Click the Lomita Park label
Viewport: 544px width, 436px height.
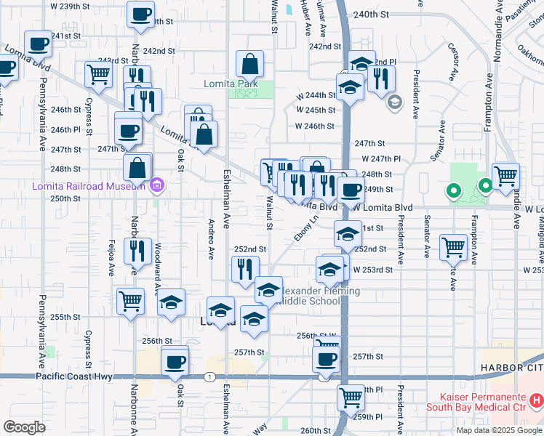[231, 84]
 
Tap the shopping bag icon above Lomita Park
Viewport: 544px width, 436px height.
[249, 65]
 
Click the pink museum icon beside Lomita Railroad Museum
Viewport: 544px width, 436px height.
[155, 186]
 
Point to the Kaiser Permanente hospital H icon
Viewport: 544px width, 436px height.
[536, 400]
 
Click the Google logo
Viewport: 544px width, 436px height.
[24, 427]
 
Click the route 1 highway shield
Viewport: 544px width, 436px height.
[209, 376]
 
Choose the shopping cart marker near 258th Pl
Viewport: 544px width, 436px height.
[351, 397]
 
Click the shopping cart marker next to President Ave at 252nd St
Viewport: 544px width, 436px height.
[453, 247]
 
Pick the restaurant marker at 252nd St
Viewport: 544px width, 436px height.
[245, 269]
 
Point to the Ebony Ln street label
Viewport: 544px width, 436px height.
[306, 227]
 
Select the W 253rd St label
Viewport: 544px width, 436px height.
[373, 270]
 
